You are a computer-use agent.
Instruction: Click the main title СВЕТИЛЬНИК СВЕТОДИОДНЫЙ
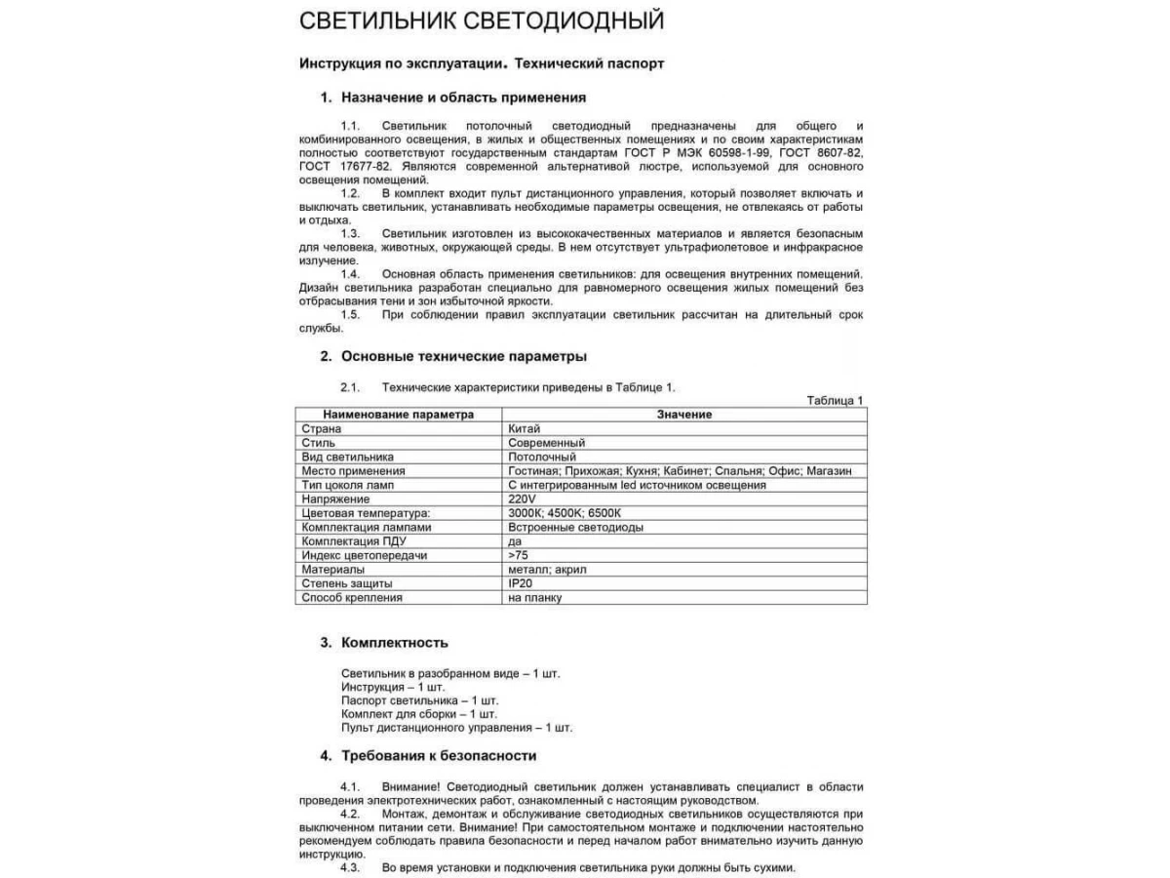482,20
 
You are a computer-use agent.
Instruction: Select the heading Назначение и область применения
463,98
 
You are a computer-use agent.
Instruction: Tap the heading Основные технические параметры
463,356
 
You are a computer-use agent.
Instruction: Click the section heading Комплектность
395,643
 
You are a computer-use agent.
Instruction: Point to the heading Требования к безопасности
439,756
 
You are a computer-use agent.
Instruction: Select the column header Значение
683,415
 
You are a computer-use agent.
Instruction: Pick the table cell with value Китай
524,428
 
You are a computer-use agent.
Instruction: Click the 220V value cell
522,499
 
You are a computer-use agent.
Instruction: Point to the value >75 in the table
518,555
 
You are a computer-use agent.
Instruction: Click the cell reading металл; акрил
547,569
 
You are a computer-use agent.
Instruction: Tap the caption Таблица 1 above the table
836,401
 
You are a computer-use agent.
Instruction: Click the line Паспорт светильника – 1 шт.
419,700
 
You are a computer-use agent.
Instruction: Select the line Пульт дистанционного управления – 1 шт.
456,728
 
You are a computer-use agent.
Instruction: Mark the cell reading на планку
534,597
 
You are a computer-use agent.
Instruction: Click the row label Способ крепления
352,597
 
